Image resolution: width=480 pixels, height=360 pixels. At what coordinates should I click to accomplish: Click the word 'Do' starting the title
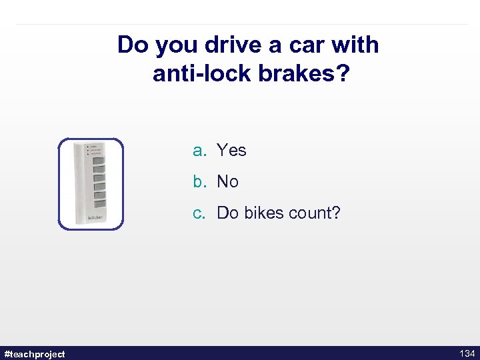[x=132, y=45]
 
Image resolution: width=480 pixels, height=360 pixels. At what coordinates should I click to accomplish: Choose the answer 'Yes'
[x=231, y=151]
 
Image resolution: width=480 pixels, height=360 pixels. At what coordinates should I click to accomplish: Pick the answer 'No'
[x=227, y=182]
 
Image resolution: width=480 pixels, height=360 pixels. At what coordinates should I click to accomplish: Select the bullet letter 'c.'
[x=200, y=213]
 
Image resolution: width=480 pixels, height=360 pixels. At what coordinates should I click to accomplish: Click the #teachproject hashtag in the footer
[x=35, y=353]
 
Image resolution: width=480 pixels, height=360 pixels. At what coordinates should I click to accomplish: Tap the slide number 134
[x=467, y=353]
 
